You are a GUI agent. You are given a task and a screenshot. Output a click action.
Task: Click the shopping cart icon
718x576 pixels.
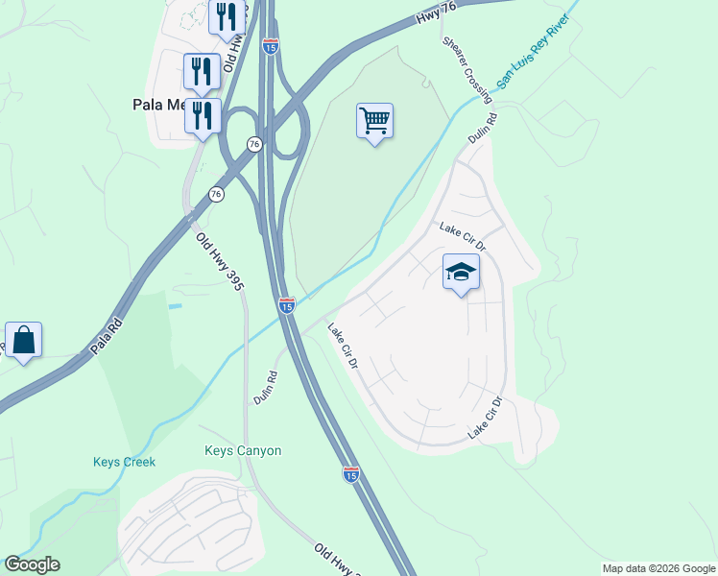(374, 121)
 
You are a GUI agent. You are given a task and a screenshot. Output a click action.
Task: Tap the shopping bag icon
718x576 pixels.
(23, 340)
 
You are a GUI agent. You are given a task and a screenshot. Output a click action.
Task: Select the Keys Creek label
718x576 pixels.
(124, 462)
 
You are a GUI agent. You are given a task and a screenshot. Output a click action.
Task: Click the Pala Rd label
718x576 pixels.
(109, 336)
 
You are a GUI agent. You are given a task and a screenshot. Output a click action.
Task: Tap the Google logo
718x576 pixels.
(32, 564)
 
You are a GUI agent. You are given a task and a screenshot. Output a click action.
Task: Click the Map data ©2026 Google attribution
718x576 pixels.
(658, 568)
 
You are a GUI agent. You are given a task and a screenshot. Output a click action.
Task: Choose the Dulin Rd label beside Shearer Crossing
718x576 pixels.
(485, 130)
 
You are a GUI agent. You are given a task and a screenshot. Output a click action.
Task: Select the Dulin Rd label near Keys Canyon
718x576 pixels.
(266, 388)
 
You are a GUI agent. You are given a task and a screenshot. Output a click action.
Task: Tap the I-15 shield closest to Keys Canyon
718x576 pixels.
(350, 474)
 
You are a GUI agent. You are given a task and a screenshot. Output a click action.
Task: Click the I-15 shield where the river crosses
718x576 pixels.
(287, 305)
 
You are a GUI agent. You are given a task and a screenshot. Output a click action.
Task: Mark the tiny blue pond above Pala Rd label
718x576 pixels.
(174, 305)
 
